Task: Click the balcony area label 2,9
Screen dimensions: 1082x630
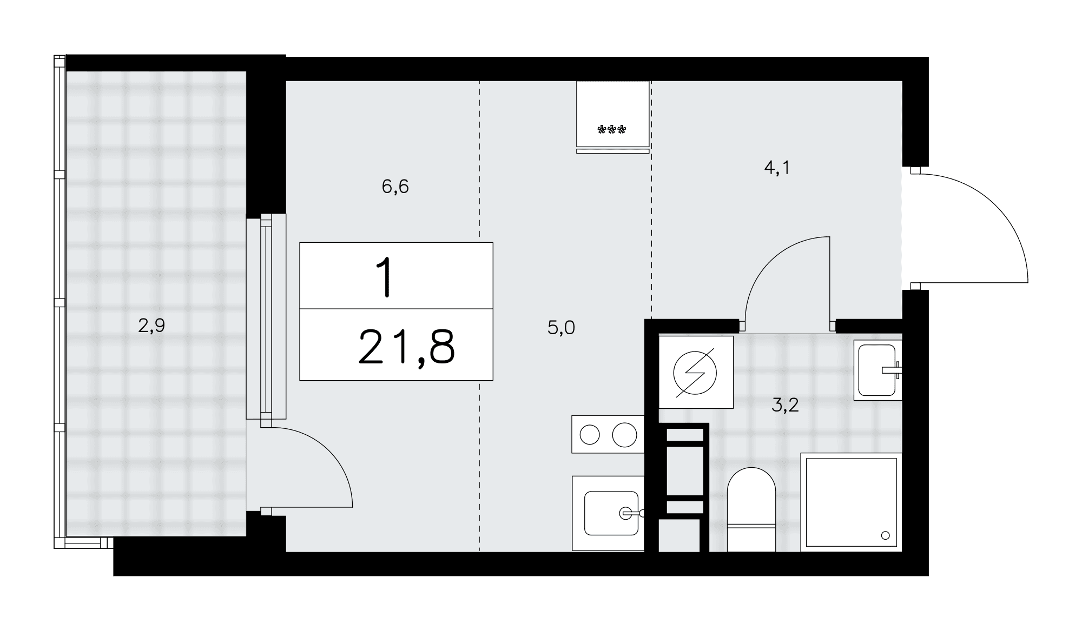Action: tap(151, 326)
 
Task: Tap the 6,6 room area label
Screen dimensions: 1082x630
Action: tap(395, 187)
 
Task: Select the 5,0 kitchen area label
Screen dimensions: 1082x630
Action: tap(561, 328)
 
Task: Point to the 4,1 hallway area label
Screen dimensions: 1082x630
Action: tap(777, 169)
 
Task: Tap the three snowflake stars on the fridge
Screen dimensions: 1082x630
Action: tap(612, 130)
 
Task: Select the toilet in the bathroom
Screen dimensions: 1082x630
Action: tap(751, 509)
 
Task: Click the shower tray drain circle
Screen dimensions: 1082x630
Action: tap(885, 535)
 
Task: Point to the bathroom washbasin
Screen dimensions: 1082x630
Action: tap(878, 370)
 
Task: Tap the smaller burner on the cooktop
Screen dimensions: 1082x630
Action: tap(590, 435)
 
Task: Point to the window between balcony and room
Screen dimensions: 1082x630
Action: tap(266, 317)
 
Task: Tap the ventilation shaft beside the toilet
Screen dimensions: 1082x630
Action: tap(683, 487)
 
